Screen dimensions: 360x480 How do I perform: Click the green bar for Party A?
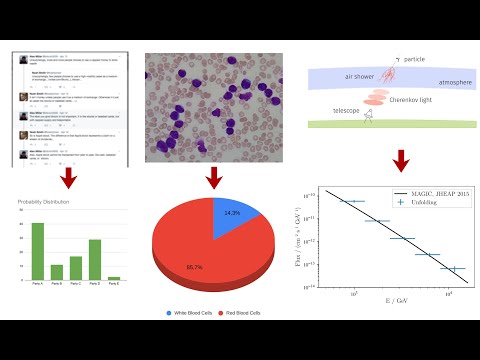click(38, 252)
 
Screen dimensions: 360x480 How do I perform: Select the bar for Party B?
click(57, 272)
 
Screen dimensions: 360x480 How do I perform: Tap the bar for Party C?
click(76, 268)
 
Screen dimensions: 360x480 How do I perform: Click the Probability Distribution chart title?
click(48, 203)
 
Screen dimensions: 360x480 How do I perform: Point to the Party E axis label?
click(114, 285)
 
